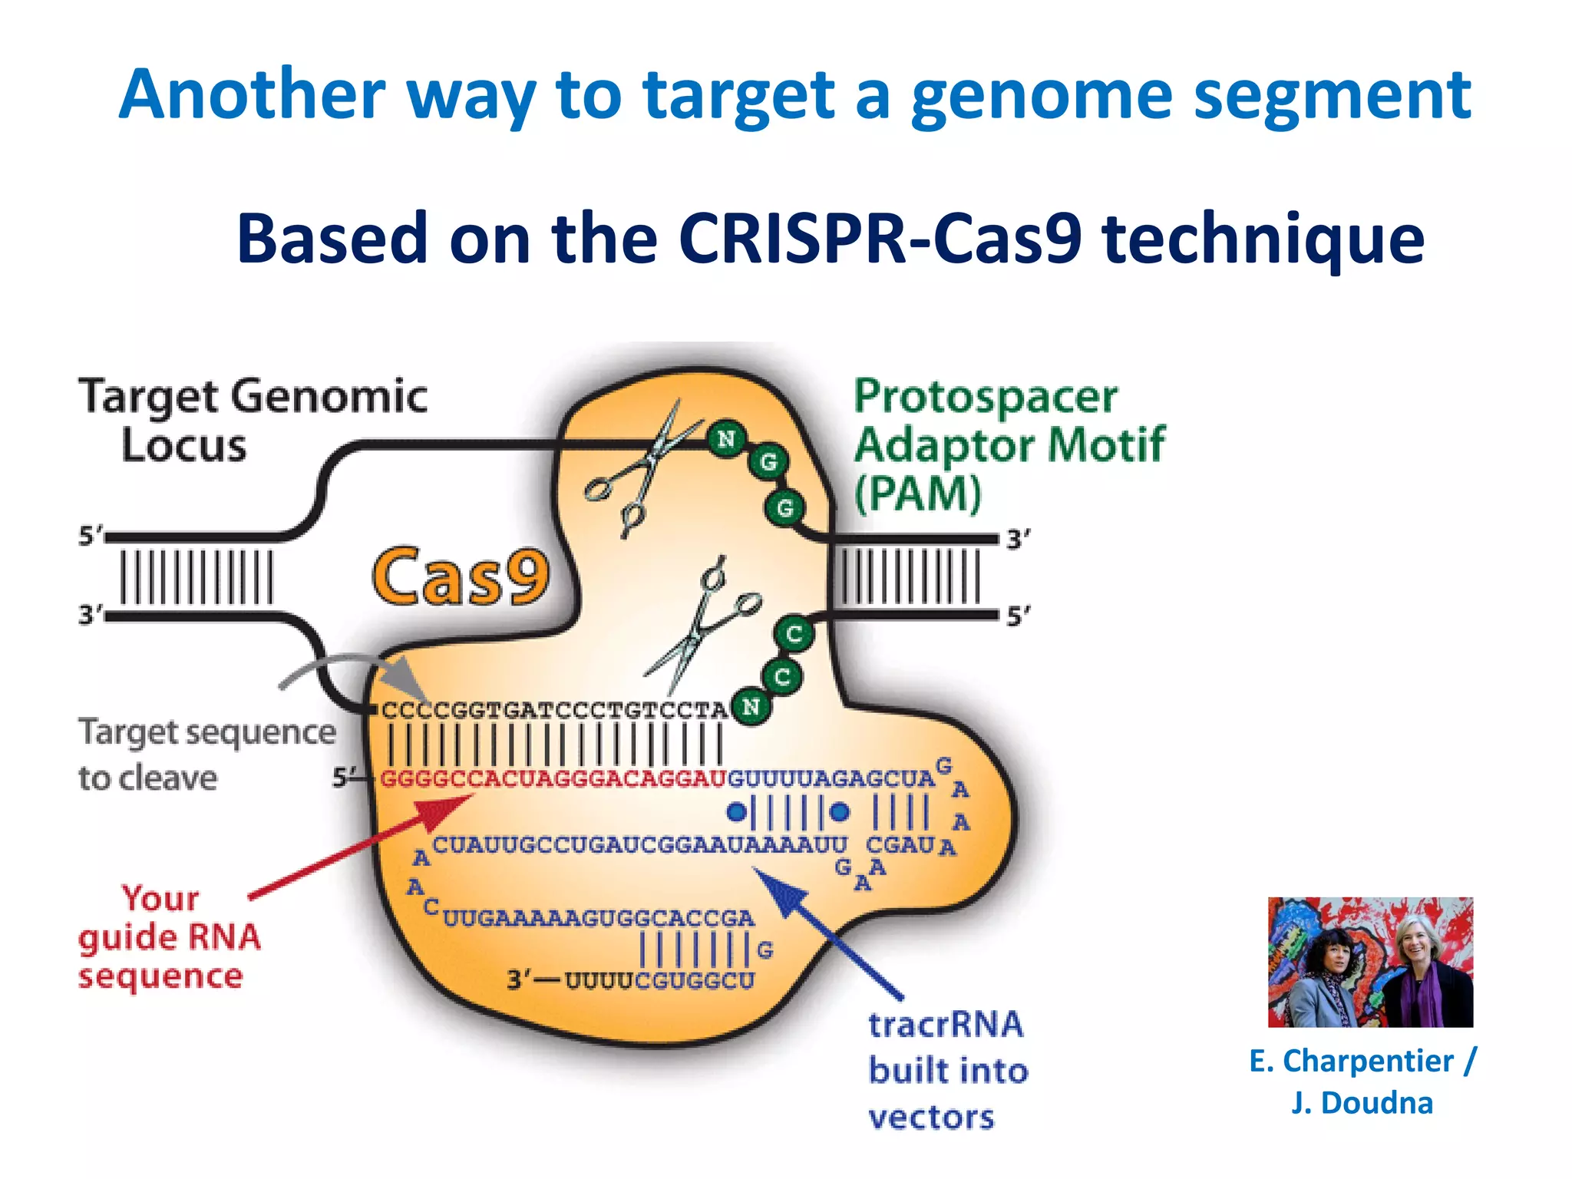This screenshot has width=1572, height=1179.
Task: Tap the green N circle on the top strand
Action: (x=725, y=439)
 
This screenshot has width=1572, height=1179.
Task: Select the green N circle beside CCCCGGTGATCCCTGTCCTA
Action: (x=751, y=707)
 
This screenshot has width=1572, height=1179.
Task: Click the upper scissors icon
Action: (x=641, y=468)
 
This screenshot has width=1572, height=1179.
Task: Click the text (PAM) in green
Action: (x=917, y=494)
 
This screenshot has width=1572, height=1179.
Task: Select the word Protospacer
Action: (x=986, y=397)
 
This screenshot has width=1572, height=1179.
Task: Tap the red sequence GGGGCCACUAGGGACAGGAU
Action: (x=553, y=779)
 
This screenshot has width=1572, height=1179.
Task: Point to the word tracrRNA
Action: (x=946, y=1025)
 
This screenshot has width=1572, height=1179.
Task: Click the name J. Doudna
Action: (x=1362, y=1103)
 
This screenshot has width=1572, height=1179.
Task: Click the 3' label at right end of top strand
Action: (x=1019, y=539)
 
